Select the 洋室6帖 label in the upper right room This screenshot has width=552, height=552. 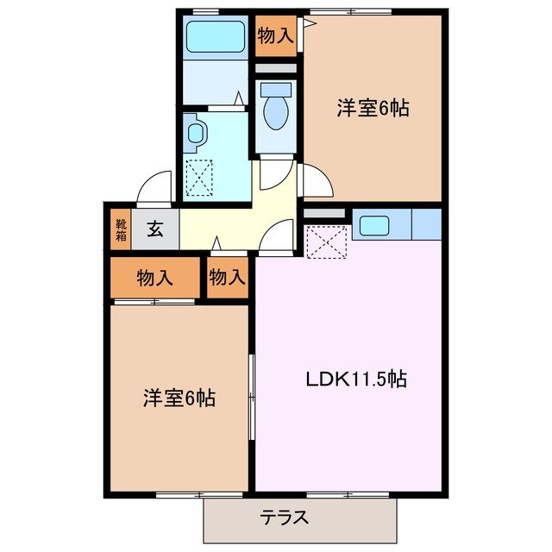[372, 109]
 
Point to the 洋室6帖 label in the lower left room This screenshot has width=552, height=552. [179, 398]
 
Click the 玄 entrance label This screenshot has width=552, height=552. [155, 229]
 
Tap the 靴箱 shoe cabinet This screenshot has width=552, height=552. [120, 229]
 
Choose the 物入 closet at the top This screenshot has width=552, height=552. [276, 35]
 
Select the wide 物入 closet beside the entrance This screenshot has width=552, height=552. [155, 278]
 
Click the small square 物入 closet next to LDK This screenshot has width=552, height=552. [228, 278]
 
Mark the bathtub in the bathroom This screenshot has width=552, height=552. [217, 37]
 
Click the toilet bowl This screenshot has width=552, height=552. [275, 109]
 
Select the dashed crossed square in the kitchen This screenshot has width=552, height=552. [326, 241]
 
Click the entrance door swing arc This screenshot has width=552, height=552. [155, 185]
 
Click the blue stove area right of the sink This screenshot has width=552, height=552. [427, 224]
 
